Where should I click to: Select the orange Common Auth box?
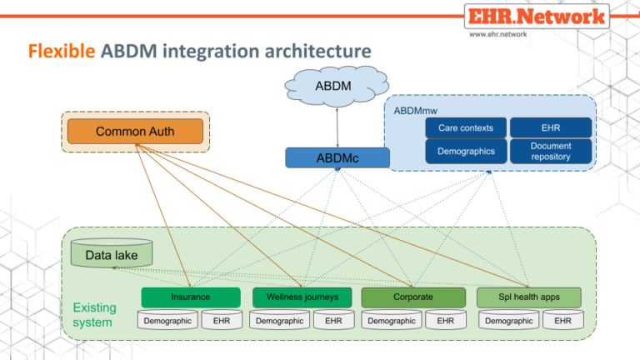coord(136,132)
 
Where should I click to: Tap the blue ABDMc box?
coord(337,157)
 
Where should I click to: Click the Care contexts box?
coord(465,127)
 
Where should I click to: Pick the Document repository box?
coord(550,151)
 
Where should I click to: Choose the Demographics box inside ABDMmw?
coord(465,151)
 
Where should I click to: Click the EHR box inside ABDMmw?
coord(550,127)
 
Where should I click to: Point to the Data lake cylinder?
coord(111,254)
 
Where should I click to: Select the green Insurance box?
coord(190,297)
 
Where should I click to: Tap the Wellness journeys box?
coord(302,297)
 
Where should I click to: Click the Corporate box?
coord(412,297)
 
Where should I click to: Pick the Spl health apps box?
coord(529,297)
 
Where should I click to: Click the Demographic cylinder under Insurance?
coord(167,320)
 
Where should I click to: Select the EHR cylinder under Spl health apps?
coord(562,320)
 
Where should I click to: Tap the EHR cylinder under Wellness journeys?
coord(333,320)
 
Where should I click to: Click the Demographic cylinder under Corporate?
coord(392,320)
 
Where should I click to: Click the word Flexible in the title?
coord(62,52)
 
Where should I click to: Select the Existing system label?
coord(92,313)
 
